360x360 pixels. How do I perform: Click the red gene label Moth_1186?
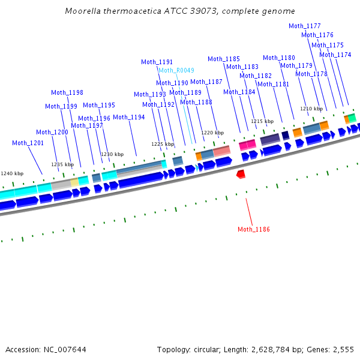click(254, 229)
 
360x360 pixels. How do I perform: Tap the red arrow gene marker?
click(241, 174)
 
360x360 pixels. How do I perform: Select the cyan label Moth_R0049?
click(176, 70)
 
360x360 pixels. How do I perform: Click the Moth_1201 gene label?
click(28, 143)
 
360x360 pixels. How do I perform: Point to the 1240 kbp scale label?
click(11, 173)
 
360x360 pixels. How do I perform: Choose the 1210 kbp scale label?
click(311, 109)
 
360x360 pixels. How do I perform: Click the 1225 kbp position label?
click(163, 144)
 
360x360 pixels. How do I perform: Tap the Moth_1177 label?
click(305, 26)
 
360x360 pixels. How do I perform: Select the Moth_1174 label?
click(335, 55)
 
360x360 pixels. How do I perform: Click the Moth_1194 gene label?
click(129, 117)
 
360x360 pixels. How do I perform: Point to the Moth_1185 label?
click(224, 59)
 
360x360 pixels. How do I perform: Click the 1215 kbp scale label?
click(262, 121)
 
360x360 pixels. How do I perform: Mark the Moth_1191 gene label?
click(157, 62)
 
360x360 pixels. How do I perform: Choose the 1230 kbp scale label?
click(112, 154)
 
